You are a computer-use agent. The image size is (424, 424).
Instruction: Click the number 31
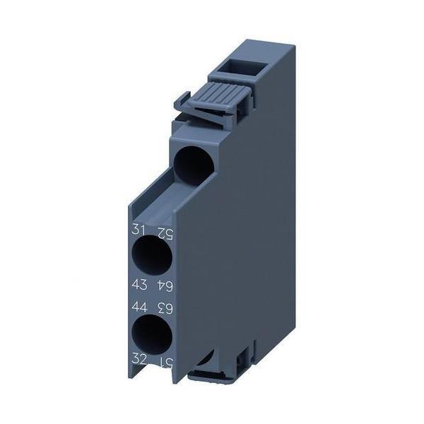pos(138,229)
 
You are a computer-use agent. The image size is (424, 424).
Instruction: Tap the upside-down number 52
pos(165,231)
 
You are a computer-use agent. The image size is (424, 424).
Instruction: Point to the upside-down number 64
pos(165,285)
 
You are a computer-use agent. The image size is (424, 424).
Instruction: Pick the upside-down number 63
pos(165,307)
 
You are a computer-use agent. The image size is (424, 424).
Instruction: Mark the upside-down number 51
pos(165,361)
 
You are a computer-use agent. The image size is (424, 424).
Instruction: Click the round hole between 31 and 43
pos(152,257)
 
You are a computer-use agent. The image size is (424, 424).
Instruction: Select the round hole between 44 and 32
pos(153,334)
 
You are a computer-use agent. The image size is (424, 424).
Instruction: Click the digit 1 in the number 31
pos(141,229)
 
